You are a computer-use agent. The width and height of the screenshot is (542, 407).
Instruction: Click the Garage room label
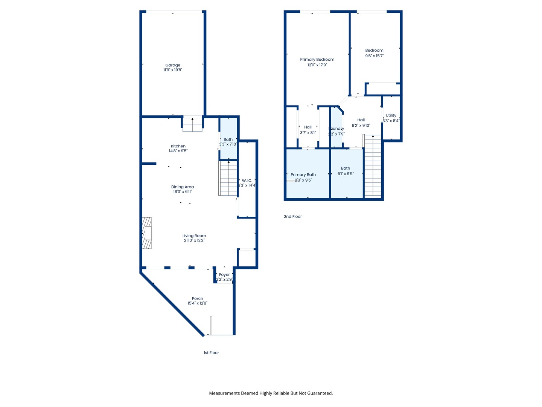coord(173,65)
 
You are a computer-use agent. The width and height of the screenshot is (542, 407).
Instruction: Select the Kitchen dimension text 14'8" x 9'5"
coord(178,151)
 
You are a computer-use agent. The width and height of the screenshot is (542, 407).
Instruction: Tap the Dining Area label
coord(183,187)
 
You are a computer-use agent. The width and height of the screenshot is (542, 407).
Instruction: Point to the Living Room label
coord(194,236)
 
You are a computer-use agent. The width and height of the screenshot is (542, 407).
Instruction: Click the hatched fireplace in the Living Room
coord(147,233)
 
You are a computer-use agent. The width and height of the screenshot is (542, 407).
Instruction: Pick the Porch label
coord(197,298)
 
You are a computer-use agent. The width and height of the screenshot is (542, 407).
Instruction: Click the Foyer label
coord(224,275)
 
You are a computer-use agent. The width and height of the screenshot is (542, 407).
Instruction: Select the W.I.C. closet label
coord(247,181)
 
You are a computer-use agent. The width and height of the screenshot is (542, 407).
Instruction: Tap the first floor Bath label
coord(228,139)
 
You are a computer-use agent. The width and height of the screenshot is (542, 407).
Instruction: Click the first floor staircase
coord(228,178)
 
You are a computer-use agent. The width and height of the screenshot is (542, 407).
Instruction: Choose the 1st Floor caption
coord(211,353)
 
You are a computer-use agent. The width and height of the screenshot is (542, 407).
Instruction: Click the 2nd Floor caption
coord(293,217)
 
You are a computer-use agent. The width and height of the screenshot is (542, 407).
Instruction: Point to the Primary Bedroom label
coord(317,60)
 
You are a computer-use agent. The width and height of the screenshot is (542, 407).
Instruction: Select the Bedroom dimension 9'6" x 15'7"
coord(374,56)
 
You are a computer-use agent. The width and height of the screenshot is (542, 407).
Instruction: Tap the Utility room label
coord(391,115)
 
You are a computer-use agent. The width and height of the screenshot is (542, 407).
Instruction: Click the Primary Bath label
coord(303,174)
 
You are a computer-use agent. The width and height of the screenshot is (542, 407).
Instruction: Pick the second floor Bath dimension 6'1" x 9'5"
coord(346,174)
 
